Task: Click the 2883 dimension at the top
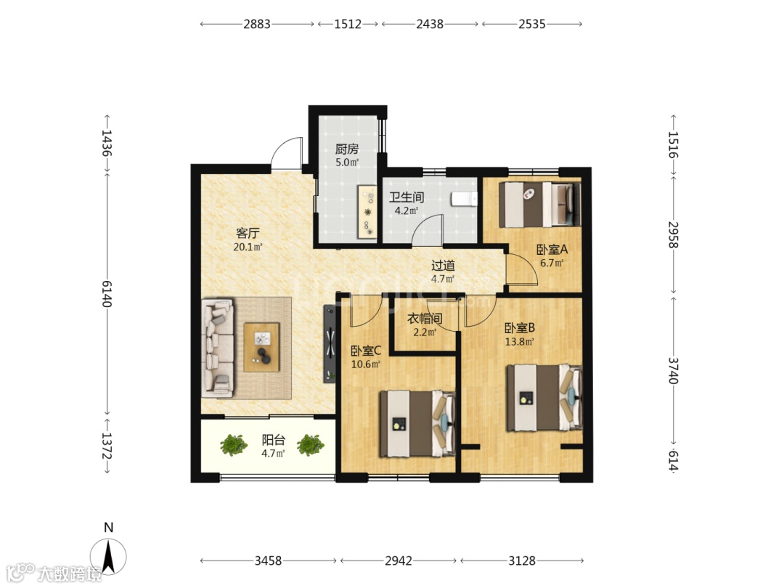point(257,24)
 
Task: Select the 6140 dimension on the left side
point(107,293)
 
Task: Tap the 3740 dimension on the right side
point(674,370)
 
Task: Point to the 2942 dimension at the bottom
point(399,560)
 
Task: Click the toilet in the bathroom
point(465,199)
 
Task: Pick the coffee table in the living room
point(261,347)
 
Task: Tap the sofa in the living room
point(218,348)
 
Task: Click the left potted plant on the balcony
point(234,444)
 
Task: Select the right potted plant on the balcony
point(311,444)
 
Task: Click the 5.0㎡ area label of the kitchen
point(347,163)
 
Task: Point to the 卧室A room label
point(552,249)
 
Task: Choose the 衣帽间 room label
point(425,319)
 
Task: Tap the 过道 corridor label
point(443,266)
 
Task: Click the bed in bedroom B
point(544,398)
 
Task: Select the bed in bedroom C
point(417,424)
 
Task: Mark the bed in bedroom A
point(540,205)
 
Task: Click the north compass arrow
point(108,556)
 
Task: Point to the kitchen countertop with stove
point(367,212)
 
